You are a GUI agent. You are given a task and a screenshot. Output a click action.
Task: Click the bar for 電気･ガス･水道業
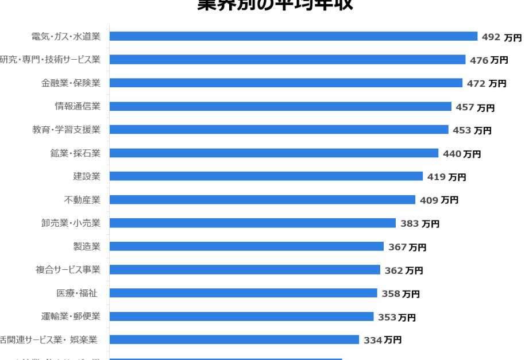(293, 36)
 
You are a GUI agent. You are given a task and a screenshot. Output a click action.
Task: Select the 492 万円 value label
(501, 37)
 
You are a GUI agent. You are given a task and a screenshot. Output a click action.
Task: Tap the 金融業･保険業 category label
(71, 83)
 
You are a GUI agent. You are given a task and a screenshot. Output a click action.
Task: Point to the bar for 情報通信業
(280, 106)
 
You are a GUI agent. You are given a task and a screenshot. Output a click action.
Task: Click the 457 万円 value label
(475, 107)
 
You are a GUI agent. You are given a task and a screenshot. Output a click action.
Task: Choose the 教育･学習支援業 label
(66, 130)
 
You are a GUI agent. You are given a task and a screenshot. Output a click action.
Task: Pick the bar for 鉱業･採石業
(273, 153)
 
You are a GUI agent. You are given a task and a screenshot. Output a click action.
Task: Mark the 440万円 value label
(462, 154)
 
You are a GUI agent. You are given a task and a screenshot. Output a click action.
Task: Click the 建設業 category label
(86, 176)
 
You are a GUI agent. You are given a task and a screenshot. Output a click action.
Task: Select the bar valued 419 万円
(266, 176)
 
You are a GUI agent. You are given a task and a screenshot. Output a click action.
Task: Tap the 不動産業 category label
(82, 200)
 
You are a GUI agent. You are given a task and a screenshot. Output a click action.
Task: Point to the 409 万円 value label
(439, 200)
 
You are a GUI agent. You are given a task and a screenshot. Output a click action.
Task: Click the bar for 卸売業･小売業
(252, 223)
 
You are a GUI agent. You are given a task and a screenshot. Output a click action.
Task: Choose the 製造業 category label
(86, 246)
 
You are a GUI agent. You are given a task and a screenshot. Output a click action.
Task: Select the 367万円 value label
(407, 247)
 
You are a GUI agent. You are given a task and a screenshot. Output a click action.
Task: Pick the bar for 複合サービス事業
(245, 270)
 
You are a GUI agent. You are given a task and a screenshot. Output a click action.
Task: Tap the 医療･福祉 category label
(76, 293)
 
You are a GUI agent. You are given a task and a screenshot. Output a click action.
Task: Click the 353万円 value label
(397, 318)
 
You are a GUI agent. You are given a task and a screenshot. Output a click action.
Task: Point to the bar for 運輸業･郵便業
(241, 316)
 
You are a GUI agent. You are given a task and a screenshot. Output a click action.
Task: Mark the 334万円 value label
(383, 340)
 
